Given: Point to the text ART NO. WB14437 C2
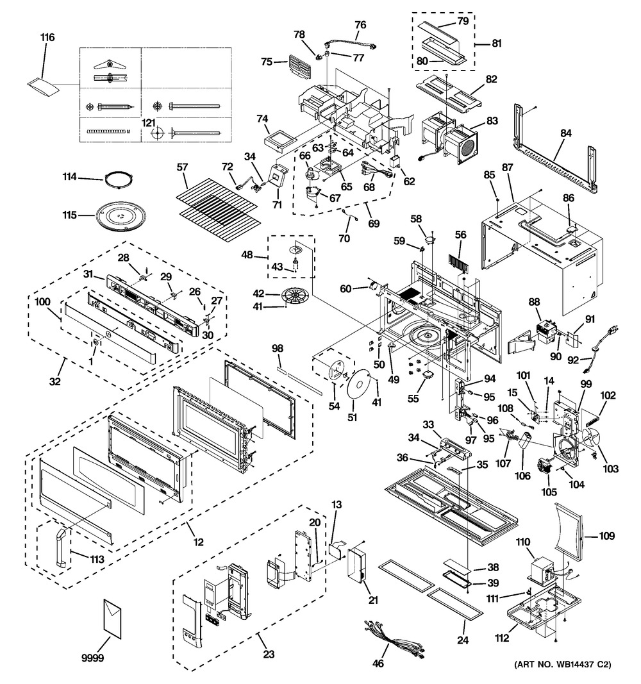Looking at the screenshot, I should (x=562, y=664).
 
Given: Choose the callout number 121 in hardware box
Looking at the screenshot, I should (x=149, y=122).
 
